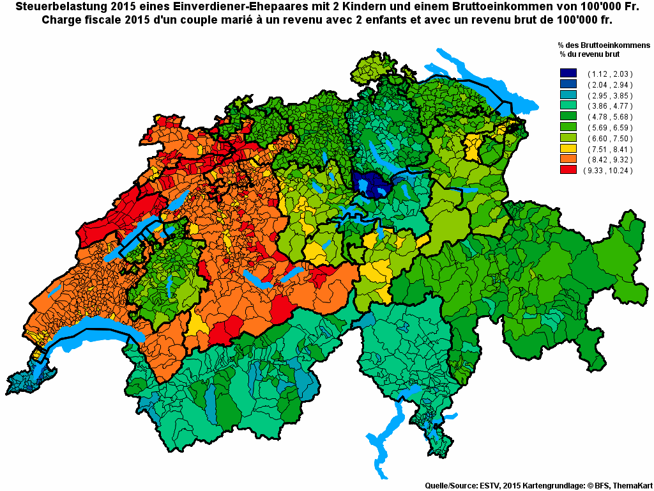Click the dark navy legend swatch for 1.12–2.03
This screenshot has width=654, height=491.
tap(568, 74)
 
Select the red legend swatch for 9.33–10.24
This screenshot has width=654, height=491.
tap(568, 171)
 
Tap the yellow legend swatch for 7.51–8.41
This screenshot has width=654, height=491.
tap(568, 150)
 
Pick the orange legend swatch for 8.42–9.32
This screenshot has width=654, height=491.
tap(568, 160)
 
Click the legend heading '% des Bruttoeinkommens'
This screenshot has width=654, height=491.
tap(603, 46)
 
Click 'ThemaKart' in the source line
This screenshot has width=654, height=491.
tap(633, 486)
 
